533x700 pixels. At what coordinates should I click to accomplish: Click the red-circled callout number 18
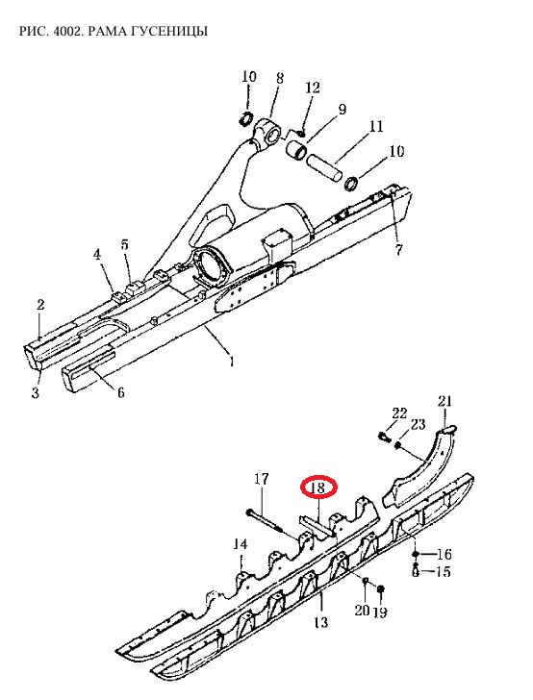(317, 487)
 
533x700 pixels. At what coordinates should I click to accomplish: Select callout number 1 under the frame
(231, 361)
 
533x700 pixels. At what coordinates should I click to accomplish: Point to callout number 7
(398, 249)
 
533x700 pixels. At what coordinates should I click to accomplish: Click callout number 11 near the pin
(376, 126)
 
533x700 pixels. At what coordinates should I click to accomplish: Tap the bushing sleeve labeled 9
(295, 150)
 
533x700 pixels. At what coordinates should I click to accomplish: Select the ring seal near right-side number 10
(352, 183)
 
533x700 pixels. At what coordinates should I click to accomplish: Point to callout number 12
(313, 87)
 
